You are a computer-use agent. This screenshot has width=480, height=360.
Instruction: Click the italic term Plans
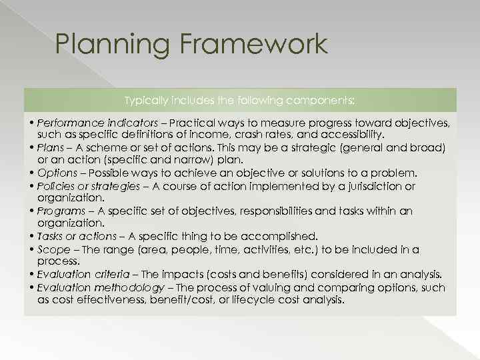point(50,147)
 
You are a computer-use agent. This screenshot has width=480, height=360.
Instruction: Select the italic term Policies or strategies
point(89,186)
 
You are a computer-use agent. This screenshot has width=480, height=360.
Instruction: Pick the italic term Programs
point(61,211)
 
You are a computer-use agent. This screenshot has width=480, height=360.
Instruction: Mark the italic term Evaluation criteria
point(85,275)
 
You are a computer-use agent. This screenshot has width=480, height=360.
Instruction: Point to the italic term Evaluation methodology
point(101,287)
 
